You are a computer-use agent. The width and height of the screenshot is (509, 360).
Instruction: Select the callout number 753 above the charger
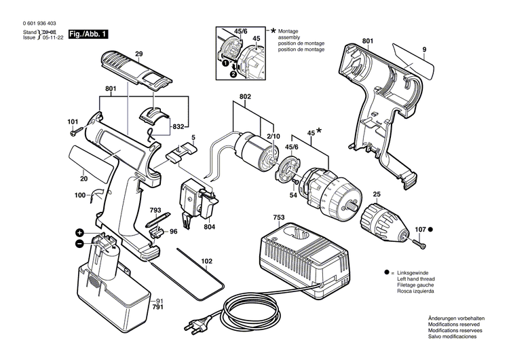[279, 218]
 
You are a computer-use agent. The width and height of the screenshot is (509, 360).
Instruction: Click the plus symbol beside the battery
[79, 232]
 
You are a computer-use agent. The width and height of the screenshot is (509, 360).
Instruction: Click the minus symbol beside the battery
[79, 243]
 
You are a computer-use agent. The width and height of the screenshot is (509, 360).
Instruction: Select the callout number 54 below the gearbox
[293, 196]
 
